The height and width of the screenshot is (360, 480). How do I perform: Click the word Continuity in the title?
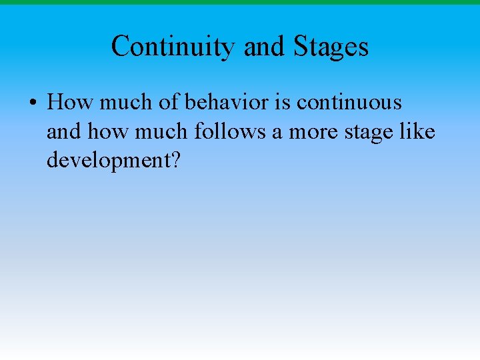tap(173, 47)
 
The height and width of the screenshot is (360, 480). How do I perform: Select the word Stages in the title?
tap(331, 47)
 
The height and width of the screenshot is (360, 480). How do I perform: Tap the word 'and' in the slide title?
tap(263, 47)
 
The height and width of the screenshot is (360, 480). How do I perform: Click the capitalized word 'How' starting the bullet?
tap(71, 103)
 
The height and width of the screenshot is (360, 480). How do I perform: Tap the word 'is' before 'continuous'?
tap(283, 103)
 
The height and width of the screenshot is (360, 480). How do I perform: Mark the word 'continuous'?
tap(349, 103)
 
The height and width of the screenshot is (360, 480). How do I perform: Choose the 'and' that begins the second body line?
tap(63, 132)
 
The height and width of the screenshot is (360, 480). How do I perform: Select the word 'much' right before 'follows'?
tap(162, 132)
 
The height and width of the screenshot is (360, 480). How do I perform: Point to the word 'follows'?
tap(230, 132)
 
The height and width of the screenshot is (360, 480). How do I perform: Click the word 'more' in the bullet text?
tap(312, 132)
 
